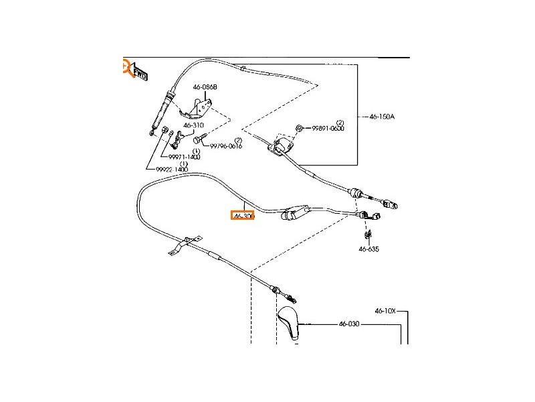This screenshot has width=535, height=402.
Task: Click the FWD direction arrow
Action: [139, 72]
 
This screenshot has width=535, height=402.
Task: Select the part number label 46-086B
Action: [205, 86]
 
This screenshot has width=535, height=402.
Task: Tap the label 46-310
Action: [193, 125]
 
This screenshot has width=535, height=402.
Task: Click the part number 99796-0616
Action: [226, 145]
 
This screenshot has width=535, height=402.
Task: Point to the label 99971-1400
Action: [184, 157]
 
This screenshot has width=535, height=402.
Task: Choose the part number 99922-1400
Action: [172, 170]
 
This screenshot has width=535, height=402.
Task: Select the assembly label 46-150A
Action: [382, 117]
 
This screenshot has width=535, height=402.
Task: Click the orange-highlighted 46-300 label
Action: [243, 216]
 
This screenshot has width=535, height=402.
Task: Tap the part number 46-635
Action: [368, 249]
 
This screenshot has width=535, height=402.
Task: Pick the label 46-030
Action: [349, 324]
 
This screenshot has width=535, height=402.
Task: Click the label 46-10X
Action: [385, 311]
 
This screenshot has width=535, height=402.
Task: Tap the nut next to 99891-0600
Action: [300, 128]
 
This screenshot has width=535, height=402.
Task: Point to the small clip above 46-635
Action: [368, 234]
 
